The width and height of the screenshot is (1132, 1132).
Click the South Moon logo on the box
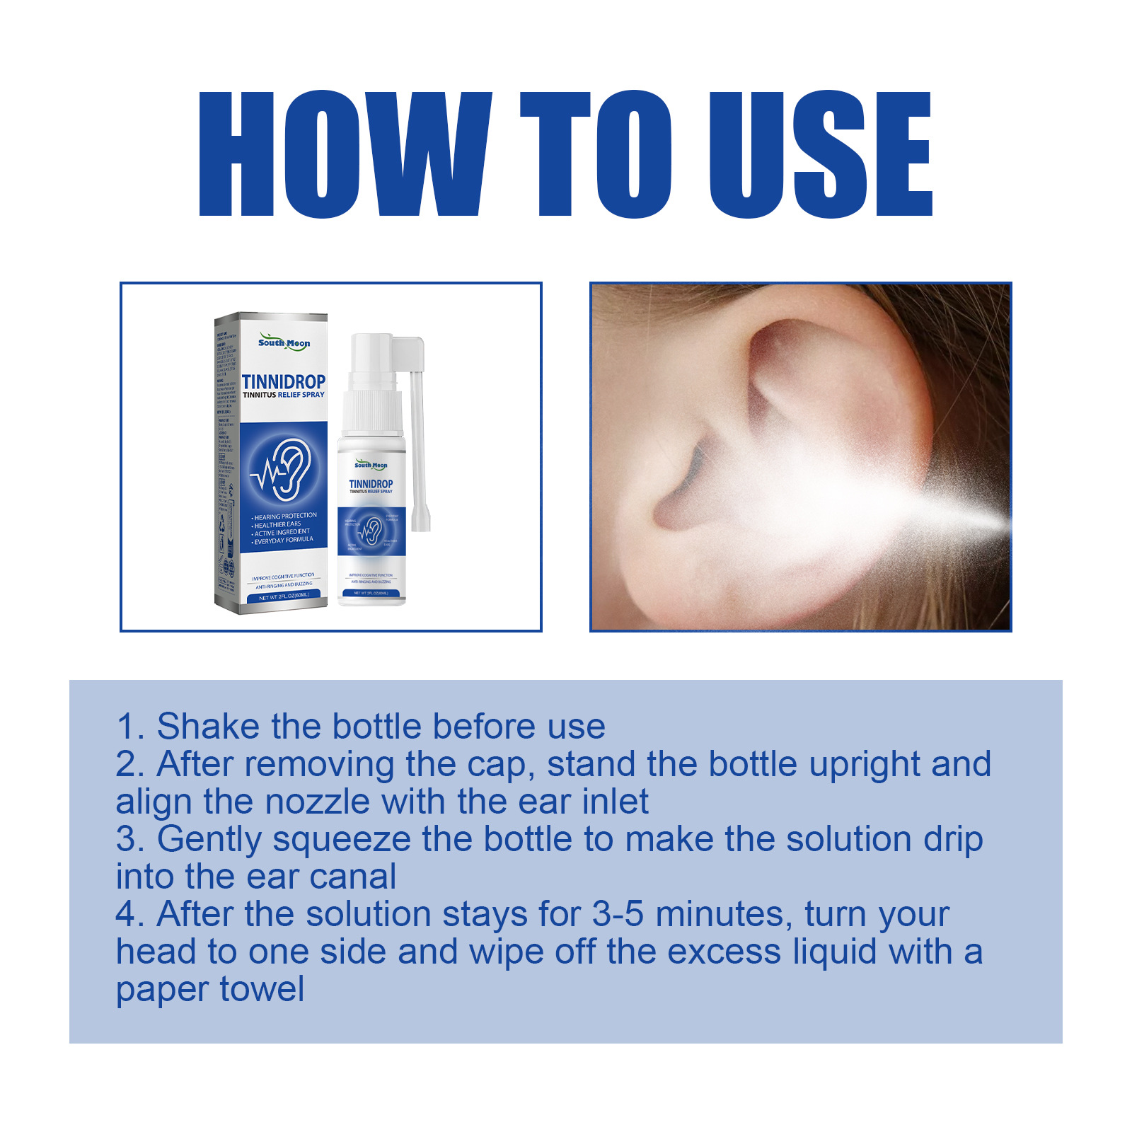point(284,342)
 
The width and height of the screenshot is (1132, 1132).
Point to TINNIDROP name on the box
point(284,382)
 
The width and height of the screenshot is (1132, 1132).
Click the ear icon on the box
point(284,468)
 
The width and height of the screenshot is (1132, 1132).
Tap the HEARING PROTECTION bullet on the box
point(284,516)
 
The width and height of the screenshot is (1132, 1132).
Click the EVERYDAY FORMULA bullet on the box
point(283,540)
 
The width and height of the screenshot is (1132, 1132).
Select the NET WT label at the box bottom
point(284,596)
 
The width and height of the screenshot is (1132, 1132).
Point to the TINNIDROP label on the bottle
point(371,484)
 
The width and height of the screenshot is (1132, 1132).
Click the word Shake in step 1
point(208,727)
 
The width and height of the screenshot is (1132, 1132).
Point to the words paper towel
point(210,989)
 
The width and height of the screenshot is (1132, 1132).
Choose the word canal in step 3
point(353,877)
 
